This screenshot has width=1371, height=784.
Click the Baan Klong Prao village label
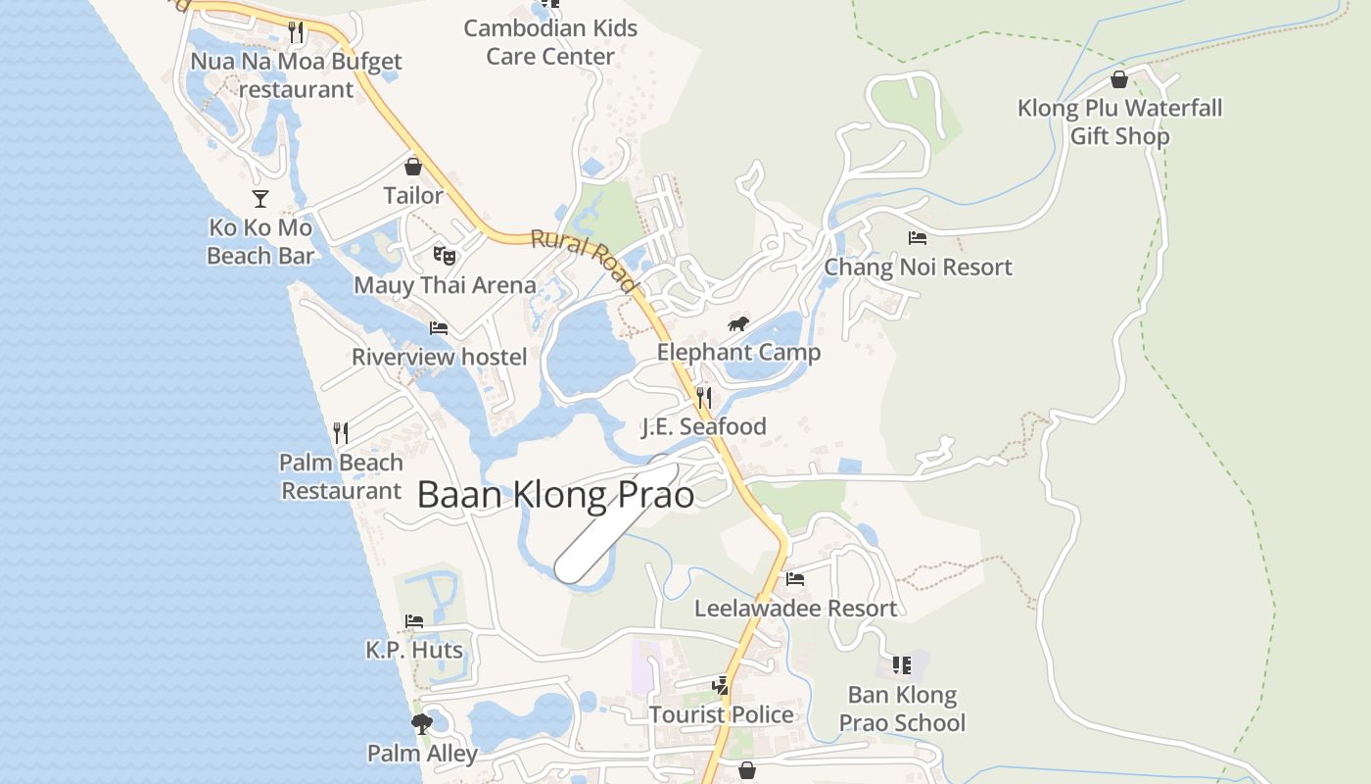555,495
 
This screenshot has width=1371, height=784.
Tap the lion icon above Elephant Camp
738,324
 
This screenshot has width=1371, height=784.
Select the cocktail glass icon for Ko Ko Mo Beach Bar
260,199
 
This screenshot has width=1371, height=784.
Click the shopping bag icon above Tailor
413,167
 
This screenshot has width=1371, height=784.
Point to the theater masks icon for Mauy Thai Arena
444,256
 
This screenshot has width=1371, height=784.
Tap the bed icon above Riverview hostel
439,327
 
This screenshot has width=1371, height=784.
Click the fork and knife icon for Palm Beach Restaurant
341,432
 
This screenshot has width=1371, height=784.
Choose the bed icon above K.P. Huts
414,621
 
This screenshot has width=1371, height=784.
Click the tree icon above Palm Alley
422,724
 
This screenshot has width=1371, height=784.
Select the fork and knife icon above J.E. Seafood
704,397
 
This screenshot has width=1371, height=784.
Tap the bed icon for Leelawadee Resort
795,579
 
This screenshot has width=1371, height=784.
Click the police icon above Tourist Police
722,685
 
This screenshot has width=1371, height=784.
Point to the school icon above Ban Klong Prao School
902,666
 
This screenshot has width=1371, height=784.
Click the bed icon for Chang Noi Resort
918,238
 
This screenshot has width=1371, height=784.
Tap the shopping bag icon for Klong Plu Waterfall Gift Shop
1119,79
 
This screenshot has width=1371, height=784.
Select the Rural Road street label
585,261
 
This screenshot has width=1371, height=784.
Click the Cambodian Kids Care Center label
550,42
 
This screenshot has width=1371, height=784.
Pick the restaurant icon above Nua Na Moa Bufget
297,32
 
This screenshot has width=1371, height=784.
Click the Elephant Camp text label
738,353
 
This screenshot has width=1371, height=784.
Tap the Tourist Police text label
722,714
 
